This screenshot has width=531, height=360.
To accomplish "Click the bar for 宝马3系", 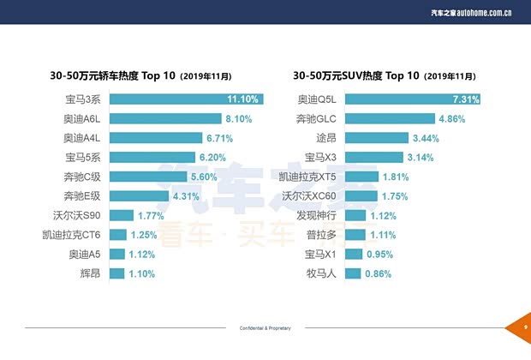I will point(185,99).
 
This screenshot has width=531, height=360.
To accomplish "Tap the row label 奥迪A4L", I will point(84,138).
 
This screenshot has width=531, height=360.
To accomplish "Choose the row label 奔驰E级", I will point(84,195).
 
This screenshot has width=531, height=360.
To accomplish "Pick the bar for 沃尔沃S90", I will point(121,215).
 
